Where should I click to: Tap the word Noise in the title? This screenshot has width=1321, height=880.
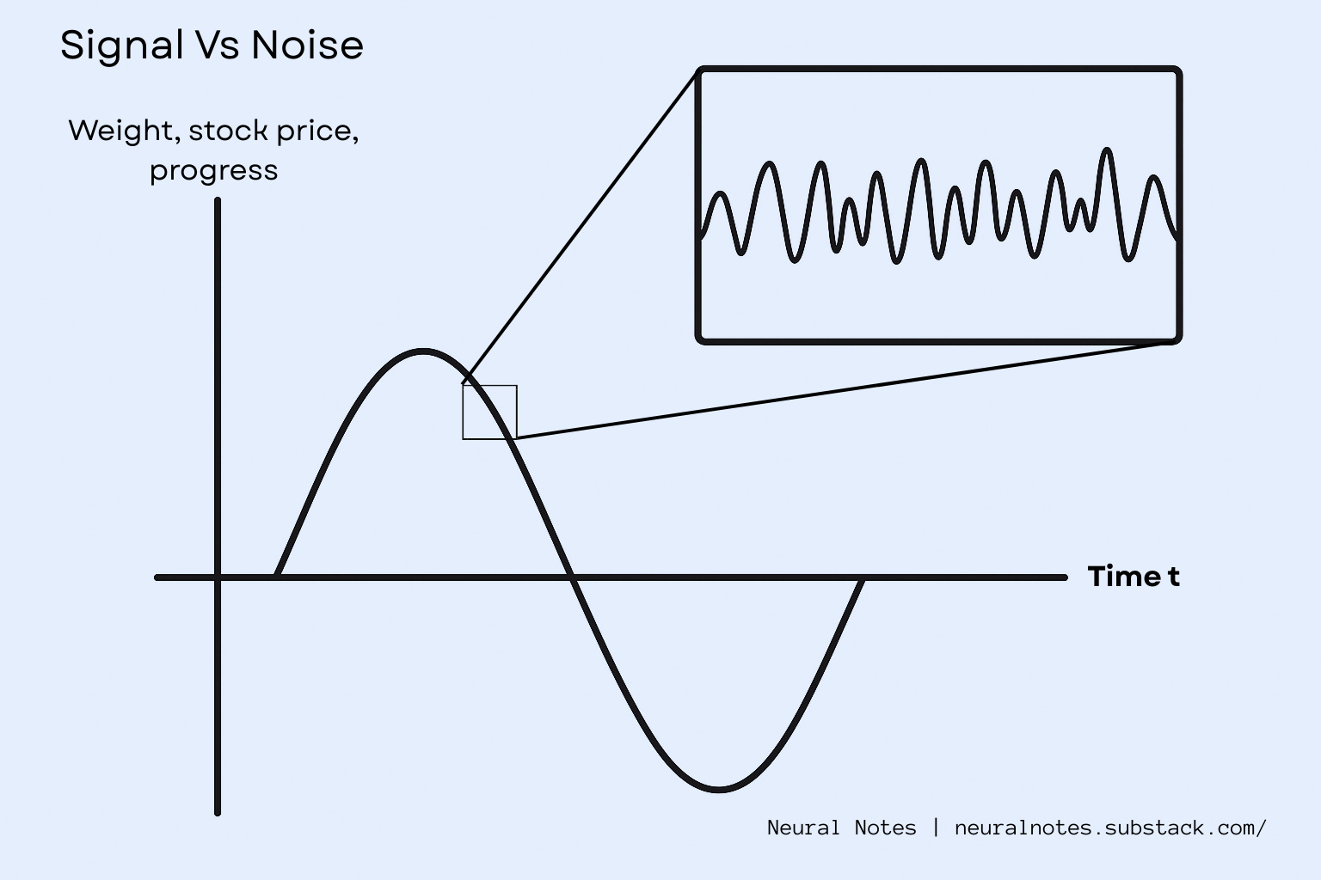[307, 45]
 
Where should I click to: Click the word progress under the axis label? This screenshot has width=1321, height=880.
[213, 170]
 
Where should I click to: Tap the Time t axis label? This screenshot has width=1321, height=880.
[1133, 576]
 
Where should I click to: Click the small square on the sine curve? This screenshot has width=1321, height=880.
[489, 412]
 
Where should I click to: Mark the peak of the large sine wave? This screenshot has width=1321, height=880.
[422, 351]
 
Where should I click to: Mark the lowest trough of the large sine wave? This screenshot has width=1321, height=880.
[718, 788]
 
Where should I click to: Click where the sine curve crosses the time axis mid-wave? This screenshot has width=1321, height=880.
[571, 577]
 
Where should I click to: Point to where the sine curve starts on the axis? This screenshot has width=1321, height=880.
[277, 576]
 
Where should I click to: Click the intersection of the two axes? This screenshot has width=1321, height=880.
[218, 577]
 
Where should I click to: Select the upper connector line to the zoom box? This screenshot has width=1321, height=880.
[581, 225]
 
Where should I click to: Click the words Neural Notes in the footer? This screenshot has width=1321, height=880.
[841, 828]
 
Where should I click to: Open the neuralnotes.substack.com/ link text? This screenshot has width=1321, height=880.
[1109, 828]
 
